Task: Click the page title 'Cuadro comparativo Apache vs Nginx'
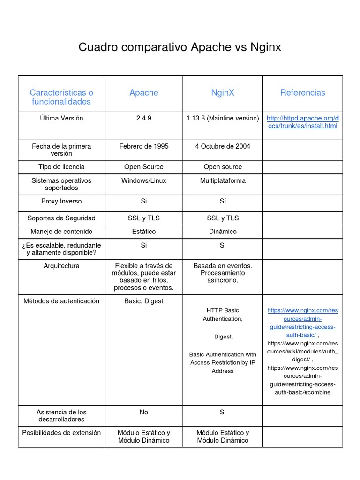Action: pos(180,47)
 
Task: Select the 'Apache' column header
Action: pos(144,93)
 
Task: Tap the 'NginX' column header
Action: pos(223,93)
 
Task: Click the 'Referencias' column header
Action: pos(302,93)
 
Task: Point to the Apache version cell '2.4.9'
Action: pos(144,118)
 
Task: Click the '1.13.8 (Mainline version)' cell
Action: pos(223,118)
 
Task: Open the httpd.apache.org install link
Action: pos(302,122)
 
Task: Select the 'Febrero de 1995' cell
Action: pos(144,146)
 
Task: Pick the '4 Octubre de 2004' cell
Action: pos(223,146)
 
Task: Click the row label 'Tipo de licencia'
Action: pos(61,167)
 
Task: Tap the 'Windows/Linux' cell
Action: pos(144,180)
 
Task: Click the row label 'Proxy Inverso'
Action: pos(61,201)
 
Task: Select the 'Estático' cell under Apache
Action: pos(144,232)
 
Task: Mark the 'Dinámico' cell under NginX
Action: pos(223,232)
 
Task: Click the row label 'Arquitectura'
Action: pos(61,266)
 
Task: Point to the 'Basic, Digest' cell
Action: pos(144,301)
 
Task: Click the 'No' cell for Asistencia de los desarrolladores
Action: pos(144,412)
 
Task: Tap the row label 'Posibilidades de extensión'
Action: pos(61,433)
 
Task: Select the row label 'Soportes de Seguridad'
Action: pos(61,218)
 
